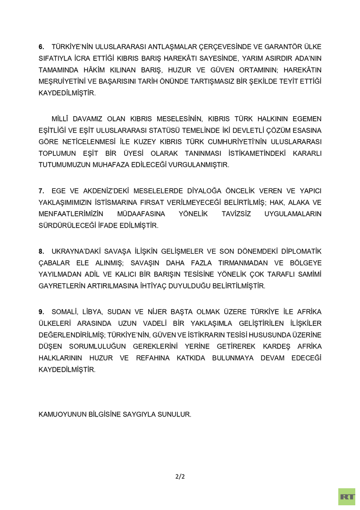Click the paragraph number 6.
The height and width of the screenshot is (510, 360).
pos(41,46)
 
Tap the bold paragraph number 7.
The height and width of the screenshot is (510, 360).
pos(41,191)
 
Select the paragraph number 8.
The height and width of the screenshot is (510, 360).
pos(41,251)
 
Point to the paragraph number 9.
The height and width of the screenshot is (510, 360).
pos(41,312)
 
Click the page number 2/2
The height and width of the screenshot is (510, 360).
pos(180,476)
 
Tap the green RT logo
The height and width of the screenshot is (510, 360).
pos(347,496)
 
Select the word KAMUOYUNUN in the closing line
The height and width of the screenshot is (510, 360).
pos(63,414)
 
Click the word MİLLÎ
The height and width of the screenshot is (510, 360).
pos(61,119)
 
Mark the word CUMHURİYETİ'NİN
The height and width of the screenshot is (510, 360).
pos(251,142)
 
